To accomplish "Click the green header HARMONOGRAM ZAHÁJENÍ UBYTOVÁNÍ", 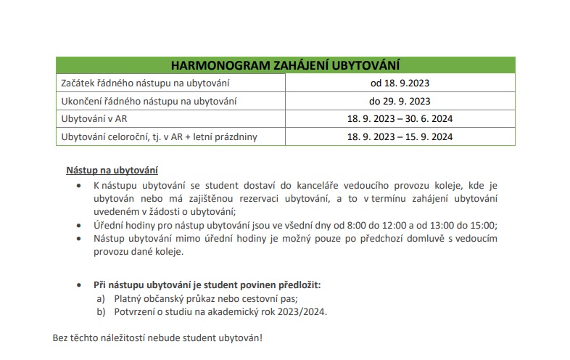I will [285, 65].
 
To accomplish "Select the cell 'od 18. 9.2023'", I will [400, 83].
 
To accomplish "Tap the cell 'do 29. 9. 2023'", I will [400, 101].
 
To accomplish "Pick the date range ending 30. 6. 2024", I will [400, 118].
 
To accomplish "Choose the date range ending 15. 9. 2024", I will [400, 136].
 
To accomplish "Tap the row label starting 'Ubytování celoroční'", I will [159, 136].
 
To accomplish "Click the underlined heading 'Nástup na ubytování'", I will [112, 171].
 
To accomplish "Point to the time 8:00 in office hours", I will [363, 225].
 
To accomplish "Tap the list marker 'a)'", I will [101, 298].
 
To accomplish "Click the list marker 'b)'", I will [101, 312].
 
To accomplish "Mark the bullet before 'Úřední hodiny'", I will [80, 226].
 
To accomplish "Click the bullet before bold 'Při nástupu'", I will [80, 285].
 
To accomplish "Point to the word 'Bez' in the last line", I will [61, 338].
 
